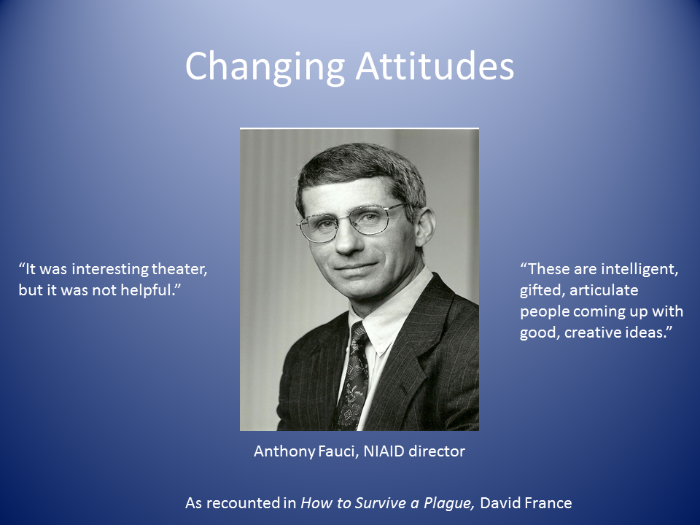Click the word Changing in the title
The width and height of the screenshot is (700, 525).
pyautogui.click(x=265, y=67)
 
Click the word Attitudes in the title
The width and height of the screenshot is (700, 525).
pyautogui.click(x=435, y=66)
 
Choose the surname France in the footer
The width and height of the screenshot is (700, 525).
pyautogui.click(x=548, y=503)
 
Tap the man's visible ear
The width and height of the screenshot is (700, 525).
pyautogui.click(x=424, y=227)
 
